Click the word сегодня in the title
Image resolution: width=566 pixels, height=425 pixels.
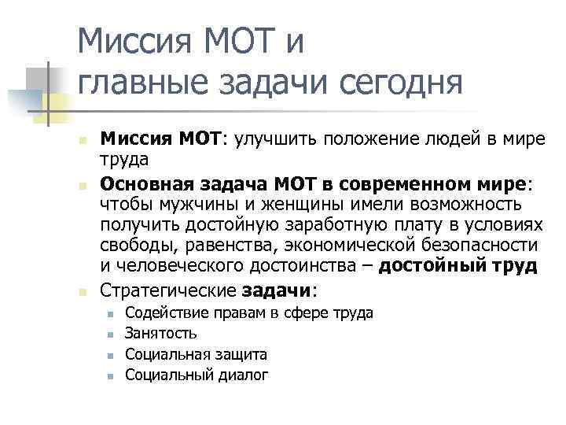point(397,83)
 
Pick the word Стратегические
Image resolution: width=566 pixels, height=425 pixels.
point(167,290)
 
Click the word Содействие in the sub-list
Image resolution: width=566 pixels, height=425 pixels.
point(161,312)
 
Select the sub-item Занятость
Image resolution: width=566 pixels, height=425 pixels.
point(161,333)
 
